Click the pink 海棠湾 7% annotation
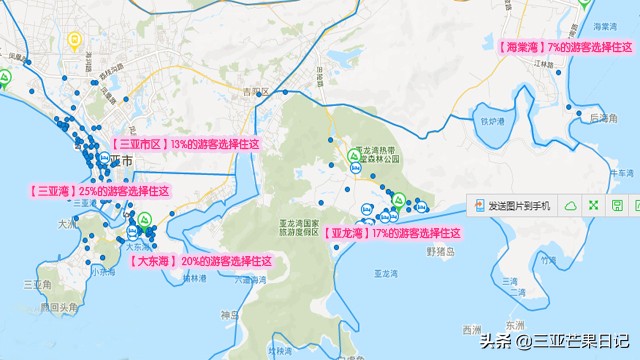(x=565, y=47)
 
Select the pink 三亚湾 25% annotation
(x=98, y=191)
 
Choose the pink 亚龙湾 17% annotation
(x=393, y=233)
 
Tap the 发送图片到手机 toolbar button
(x=513, y=206)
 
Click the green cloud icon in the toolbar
(x=570, y=206)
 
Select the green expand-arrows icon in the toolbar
(x=594, y=206)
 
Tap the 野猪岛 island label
(x=440, y=252)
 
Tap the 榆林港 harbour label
(x=193, y=277)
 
